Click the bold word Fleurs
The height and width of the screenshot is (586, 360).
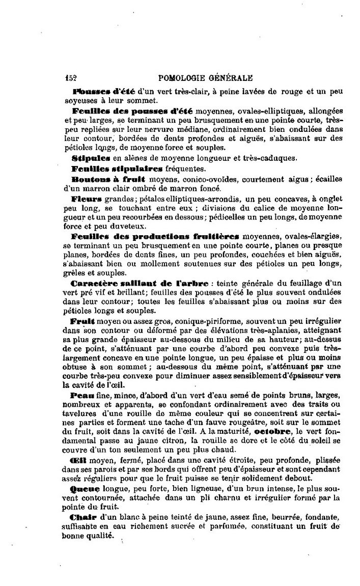tap(87, 199)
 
